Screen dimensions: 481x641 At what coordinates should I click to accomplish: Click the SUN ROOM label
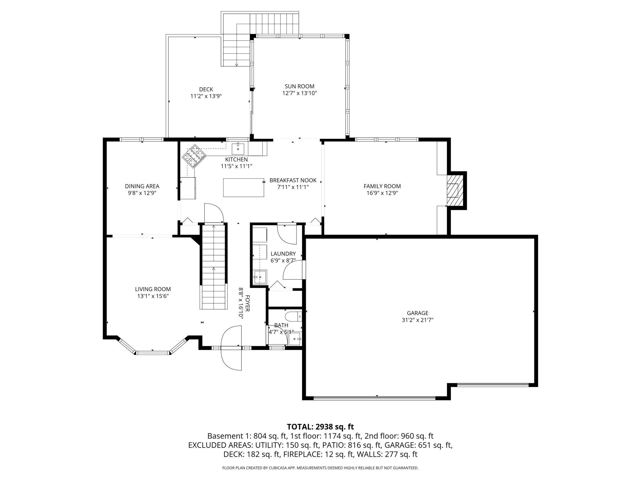[x=299, y=86]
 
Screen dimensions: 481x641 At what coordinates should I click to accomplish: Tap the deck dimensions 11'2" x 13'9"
[x=206, y=96]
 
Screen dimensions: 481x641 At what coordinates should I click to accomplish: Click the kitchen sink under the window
[x=238, y=149]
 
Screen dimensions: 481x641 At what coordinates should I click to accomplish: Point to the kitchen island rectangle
[x=243, y=187]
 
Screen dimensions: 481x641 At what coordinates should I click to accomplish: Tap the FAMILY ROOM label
[x=382, y=186]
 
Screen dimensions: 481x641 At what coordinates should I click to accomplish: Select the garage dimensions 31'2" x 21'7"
[x=417, y=320]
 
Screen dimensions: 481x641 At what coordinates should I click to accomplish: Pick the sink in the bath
[x=295, y=339]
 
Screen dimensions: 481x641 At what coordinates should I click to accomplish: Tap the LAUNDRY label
[x=283, y=254]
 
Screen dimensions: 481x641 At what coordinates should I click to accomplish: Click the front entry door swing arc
[x=231, y=348]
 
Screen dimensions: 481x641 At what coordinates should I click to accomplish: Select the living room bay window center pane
[x=153, y=352]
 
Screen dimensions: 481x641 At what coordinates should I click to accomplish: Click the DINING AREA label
[x=142, y=186]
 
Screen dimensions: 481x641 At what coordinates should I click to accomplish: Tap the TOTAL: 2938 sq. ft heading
[x=320, y=427]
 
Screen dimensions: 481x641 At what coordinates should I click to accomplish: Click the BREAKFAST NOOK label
[x=293, y=180]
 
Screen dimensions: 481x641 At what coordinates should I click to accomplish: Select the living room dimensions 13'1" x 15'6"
[x=153, y=296]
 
